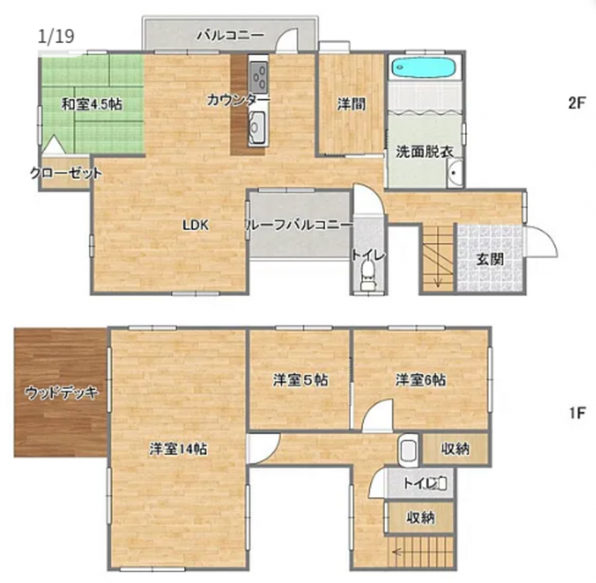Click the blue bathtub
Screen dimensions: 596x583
point(423,68)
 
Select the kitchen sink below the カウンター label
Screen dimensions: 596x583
point(257,127)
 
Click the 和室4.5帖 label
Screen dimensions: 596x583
point(92,104)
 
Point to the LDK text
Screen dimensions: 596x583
point(195,225)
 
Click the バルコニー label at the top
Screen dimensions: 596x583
point(230,36)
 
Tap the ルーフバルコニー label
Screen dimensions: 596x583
point(299,225)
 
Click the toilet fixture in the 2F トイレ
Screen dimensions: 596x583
point(368,276)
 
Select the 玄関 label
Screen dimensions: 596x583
point(491,260)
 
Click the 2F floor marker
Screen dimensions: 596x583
point(577,103)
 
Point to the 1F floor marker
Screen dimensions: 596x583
point(577,413)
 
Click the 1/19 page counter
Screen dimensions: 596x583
point(56,37)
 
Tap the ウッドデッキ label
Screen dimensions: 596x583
point(61,392)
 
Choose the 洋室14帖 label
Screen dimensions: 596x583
point(178,449)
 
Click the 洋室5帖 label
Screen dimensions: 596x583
point(301,380)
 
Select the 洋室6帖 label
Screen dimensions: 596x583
point(421,380)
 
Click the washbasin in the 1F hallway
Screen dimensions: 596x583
point(409,451)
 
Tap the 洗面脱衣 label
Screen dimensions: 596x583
point(424,152)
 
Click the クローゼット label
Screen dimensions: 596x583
point(66,173)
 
